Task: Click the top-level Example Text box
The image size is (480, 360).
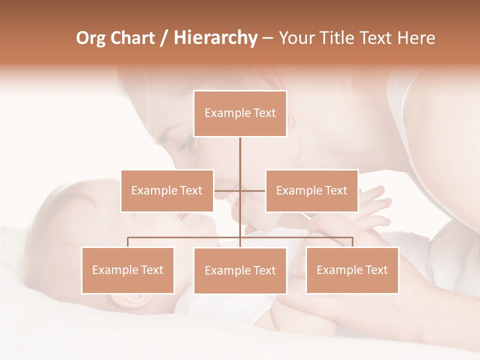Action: pyautogui.click(x=240, y=113)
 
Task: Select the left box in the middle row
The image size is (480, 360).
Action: pyautogui.click(x=167, y=190)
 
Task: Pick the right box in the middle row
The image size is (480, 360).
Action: pyautogui.click(x=311, y=190)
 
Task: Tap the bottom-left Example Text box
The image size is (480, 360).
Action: pyautogui.click(x=127, y=270)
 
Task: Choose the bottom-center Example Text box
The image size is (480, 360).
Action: pyautogui.click(x=240, y=270)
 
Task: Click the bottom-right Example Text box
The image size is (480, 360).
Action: pyautogui.click(x=352, y=270)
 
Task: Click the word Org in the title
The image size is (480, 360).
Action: pyautogui.click(x=90, y=38)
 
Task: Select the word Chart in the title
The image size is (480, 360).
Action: pyautogui.click(x=132, y=38)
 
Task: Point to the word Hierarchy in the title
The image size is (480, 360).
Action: pyautogui.click(x=215, y=38)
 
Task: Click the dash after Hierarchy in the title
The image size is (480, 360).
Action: pyautogui.click(x=267, y=39)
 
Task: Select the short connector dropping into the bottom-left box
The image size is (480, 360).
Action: pyautogui.click(x=127, y=242)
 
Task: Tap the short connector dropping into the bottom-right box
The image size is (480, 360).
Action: pyautogui.click(x=352, y=242)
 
